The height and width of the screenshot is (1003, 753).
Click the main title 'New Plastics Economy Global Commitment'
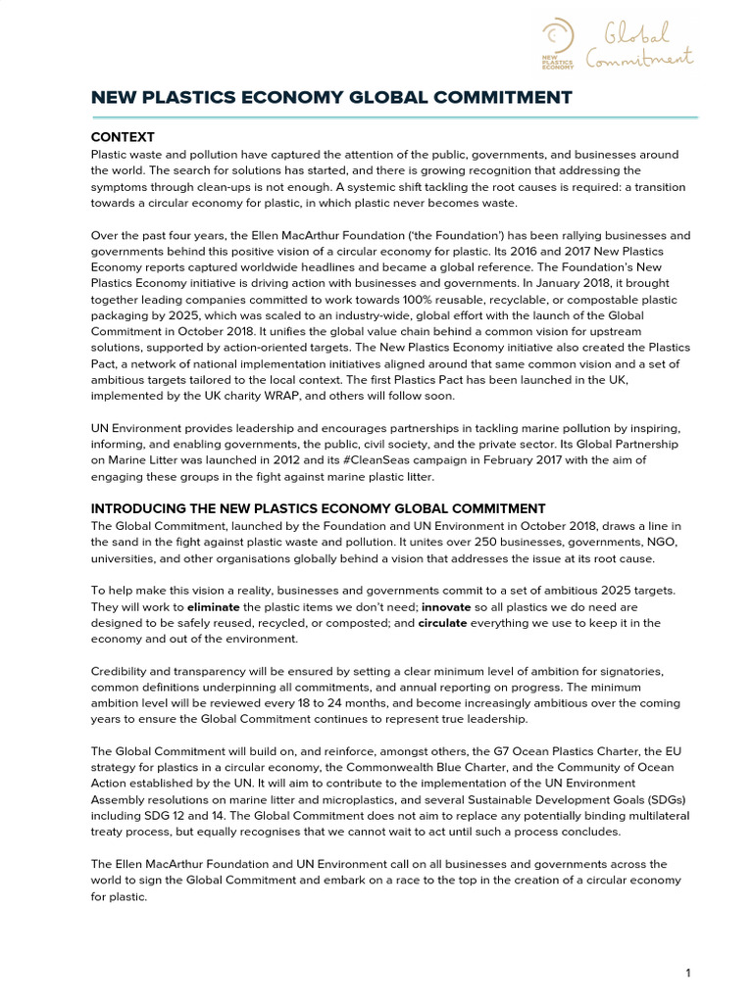331,97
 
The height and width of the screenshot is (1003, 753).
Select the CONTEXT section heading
123,137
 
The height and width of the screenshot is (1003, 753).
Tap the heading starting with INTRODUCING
318,508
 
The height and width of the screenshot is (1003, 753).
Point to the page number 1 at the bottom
689,973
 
